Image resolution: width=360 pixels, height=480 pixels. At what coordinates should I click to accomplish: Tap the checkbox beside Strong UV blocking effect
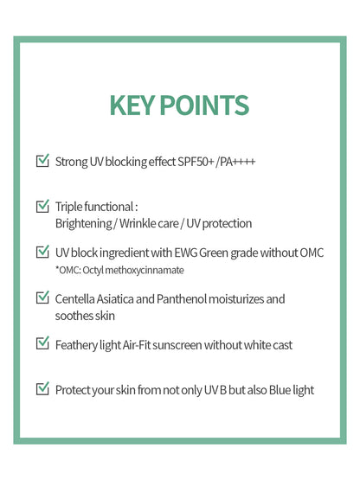[x=42, y=161]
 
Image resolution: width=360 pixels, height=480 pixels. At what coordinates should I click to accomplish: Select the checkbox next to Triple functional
[x=42, y=207]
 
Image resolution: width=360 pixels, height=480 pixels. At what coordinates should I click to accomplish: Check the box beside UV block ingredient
[x=42, y=253]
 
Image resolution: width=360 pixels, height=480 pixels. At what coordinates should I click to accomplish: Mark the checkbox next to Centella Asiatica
[x=42, y=298]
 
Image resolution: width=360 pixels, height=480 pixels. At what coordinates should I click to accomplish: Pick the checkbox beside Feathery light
[x=42, y=344]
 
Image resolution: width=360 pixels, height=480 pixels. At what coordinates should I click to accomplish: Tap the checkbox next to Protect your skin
[x=42, y=390]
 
